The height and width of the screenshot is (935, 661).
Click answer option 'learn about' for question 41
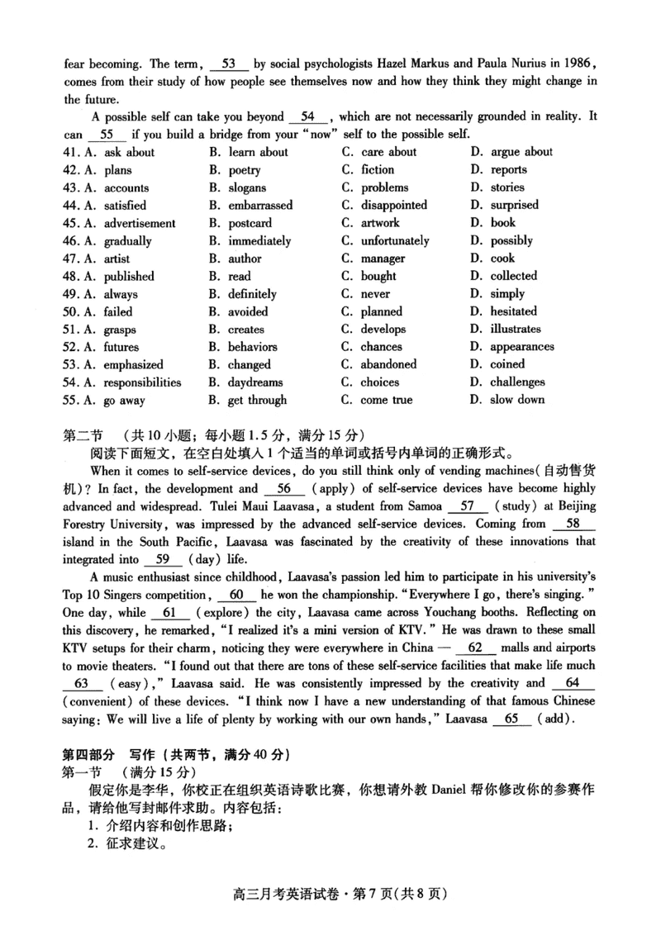click(x=258, y=152)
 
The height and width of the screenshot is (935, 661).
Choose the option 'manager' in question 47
click(x=384, y=259)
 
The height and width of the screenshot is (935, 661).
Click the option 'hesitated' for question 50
click(x=513, y=311)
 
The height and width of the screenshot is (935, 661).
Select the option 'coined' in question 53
click(x=507, y=364)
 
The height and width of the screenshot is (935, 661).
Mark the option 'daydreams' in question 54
click(x=255, y=382)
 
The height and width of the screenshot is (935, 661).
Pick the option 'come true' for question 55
click(x=386, y=400)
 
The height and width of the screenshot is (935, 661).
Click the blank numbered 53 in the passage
click(x=230, y=63)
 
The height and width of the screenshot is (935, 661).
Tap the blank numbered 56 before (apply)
click(x=284, y=488)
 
